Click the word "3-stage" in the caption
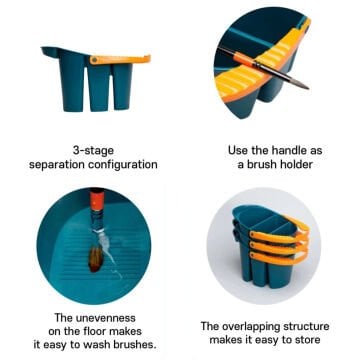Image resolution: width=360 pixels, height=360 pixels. pyautogui.click(x=93, y=150)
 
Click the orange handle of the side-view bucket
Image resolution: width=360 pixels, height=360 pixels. pyautogui.click(x=120, y=59)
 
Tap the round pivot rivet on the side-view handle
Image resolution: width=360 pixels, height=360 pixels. pyautogui.click(x=95, y=60)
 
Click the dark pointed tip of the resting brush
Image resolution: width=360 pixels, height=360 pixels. pyautogui.click(x=308, y=88)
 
